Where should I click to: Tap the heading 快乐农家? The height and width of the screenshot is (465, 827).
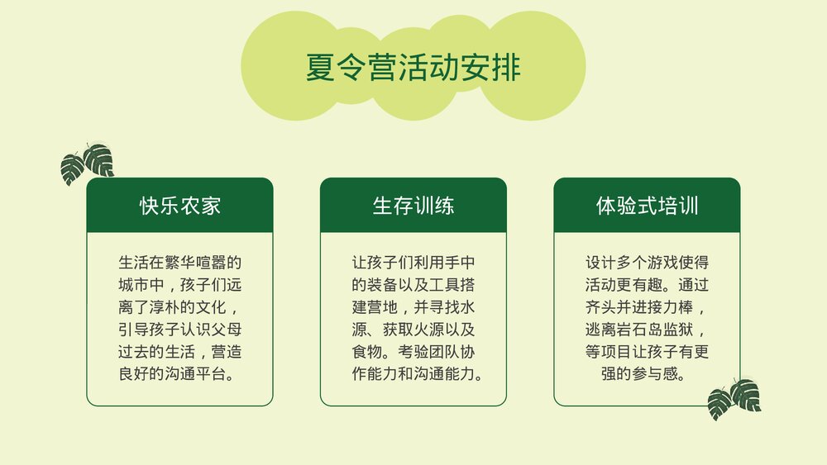(179, 206)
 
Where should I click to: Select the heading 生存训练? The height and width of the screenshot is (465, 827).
(413, 206)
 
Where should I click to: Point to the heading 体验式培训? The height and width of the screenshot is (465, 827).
(647, 206)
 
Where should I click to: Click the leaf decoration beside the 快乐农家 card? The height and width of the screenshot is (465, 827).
(88, 162)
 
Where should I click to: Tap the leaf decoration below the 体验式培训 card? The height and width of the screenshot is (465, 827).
(734, 398)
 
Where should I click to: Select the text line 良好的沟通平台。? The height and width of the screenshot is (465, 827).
(179, 374)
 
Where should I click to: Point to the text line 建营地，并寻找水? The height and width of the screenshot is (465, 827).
(413, 308)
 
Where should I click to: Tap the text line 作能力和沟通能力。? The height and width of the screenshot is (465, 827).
(413, 374)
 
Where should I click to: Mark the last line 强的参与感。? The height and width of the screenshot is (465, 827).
(647, 374)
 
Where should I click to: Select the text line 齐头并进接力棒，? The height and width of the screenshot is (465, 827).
(647, 308)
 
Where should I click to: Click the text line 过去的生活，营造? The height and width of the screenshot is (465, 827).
(179, 352)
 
